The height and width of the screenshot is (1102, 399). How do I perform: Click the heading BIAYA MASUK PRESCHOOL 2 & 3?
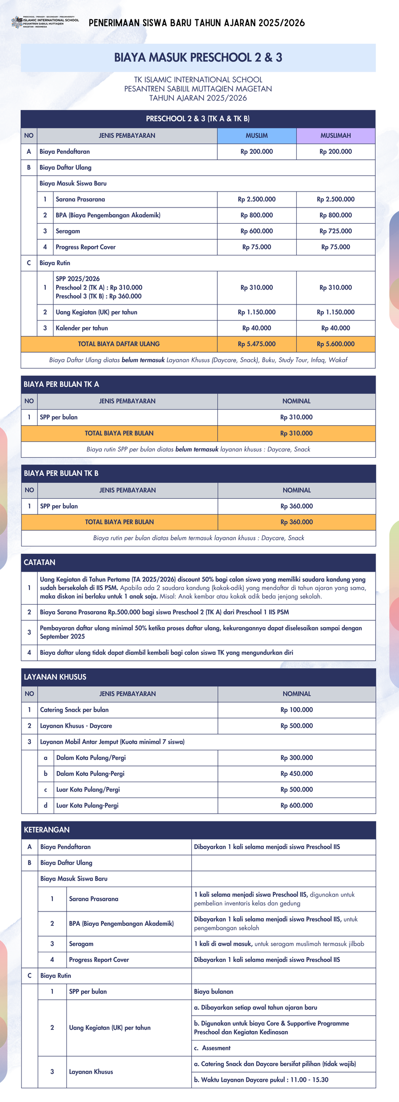coord(198,57)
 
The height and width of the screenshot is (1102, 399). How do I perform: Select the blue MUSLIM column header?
coord(256,135)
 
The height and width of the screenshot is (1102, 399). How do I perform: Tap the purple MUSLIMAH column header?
coord(335,135)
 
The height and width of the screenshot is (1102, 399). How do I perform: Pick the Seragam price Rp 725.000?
coord(335,231)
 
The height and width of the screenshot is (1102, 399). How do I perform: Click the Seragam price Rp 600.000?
coord(256,231)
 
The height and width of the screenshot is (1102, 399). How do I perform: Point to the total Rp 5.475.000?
coord(256,344)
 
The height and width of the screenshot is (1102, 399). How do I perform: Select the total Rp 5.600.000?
coord(335,344)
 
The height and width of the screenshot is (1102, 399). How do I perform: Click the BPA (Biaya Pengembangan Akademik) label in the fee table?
coord(108,215)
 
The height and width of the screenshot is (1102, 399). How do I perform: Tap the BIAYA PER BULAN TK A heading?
coord(61,384)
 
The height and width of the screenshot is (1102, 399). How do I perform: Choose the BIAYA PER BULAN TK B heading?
coord(61,473)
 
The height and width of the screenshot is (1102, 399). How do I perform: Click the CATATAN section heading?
coord(39,562)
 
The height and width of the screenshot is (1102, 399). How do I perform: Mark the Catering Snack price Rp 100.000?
coord(296,710)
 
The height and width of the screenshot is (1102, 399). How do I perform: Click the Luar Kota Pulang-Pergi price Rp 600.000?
coord(296,805)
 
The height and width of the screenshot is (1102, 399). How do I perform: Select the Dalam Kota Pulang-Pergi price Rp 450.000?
coord(296,774)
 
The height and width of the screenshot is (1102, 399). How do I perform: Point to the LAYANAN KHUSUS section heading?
coord(55,677)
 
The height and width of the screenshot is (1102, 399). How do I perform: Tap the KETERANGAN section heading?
coord(47,830)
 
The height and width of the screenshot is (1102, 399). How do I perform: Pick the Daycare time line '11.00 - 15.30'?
coord(261,1080)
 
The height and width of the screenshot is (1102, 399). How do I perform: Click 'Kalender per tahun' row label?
coord(82,328)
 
